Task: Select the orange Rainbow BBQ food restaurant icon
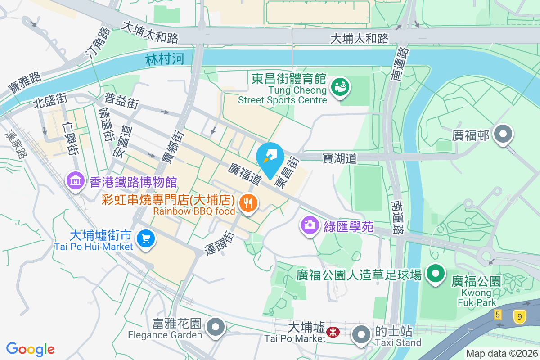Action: pyautogui.click(x=247, y=203)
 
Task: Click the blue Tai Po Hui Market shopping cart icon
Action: pyautogui.click(x=145, y=238)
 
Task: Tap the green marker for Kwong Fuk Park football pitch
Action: pyautogui.click(x=435, y=274)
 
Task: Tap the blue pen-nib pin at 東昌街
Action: pyautogui.click(x=270, y=156)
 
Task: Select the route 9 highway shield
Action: pyautogui.click(x=519, y=317)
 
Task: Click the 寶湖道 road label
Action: pyautogui.click(x=340, y=158)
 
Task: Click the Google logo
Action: pyautogui.click(x=31, y=349)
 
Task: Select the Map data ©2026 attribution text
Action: pyautogui.click(x=501, y=354)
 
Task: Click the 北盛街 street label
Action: pyautogui.click(x=50, y=101)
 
